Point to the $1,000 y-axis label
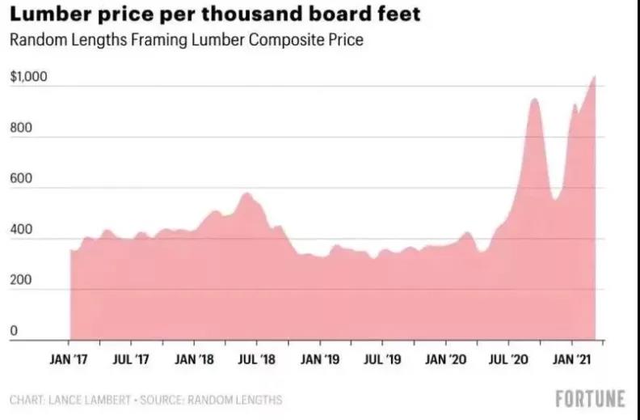coord(28,76)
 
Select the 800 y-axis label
coord(21,128)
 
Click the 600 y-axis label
coord(21,178)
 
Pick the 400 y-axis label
coord(21,229)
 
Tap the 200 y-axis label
coord(21,280)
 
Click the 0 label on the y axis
coord(14,330)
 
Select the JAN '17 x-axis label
coord(69,359)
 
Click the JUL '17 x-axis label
coord(131,359)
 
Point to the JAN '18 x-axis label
coord(194,359)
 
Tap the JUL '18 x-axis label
coord(257,359)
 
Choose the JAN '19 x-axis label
coord(320,359)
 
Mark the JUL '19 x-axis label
coord(382,359)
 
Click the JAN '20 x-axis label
coord(446,359)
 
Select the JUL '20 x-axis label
coord(508,359)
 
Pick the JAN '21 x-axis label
coord(572,359)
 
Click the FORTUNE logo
coord(590,398)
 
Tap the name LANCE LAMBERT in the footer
coord(90,400)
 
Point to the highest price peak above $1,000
coord(594,76)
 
